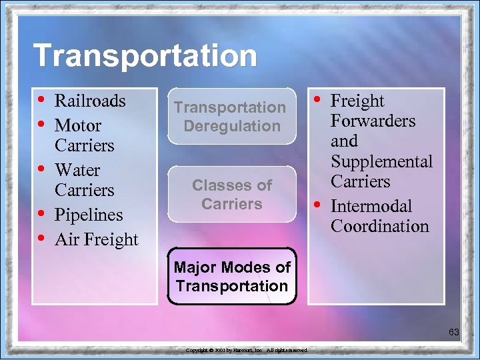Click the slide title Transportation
tap(145, 55)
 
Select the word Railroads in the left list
tap(90, 101)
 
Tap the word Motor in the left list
tap(78, 125)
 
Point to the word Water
tap(77, 170)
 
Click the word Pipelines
tap(89, 215)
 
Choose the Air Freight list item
tap(97, 239)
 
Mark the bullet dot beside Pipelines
tap(43, 215)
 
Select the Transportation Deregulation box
tap(231, 117)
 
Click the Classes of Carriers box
tap(231, 194)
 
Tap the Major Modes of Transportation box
tap(231, 277)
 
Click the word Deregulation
tap(232, 126)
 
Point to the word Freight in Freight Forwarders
tap(357, 101)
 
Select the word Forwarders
tap(373, 121)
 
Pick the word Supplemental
tap(381, 162)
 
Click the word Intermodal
tap(371, 206)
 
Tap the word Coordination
tap(380, 227)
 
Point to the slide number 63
tap(454, 331)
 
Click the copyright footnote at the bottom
tap(246, 350)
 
